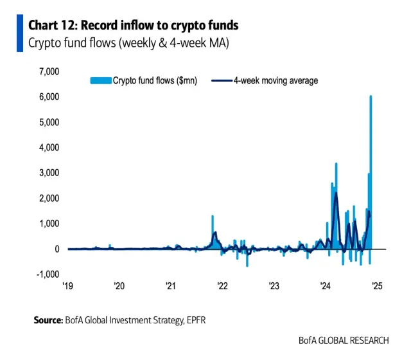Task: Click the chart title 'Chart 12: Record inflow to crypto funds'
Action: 134,25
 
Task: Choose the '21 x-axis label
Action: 170,286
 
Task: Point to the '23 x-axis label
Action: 274,286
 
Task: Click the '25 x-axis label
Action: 377,286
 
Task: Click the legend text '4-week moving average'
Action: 275,81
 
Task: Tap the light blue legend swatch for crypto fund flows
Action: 100,81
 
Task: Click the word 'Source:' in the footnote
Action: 48,319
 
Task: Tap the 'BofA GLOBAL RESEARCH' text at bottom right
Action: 344,340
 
